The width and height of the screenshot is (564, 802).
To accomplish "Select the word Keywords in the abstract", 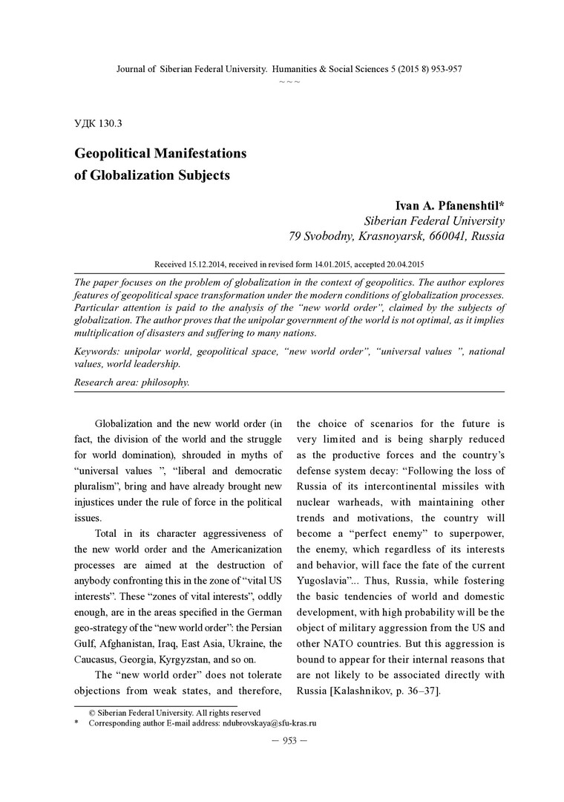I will [x=98, y=351].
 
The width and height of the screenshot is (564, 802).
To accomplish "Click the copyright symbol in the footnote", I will [x=92, y=712].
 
